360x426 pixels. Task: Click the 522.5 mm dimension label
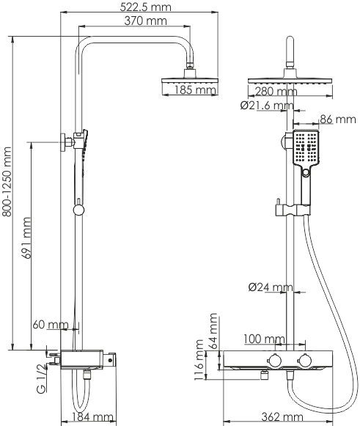click(146, 7)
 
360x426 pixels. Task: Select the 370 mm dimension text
click(145, 21)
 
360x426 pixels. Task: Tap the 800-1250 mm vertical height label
click(7, 182)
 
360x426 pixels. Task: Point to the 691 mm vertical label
click(26, 238)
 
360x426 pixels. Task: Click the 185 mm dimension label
click(195, 90)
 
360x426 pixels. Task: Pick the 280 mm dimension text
click(276, 92)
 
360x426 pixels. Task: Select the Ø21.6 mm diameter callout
click(267, 105)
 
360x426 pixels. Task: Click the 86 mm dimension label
click(338, 119)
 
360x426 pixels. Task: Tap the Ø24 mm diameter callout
click(271, 287)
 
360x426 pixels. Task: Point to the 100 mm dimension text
click(264, 339)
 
